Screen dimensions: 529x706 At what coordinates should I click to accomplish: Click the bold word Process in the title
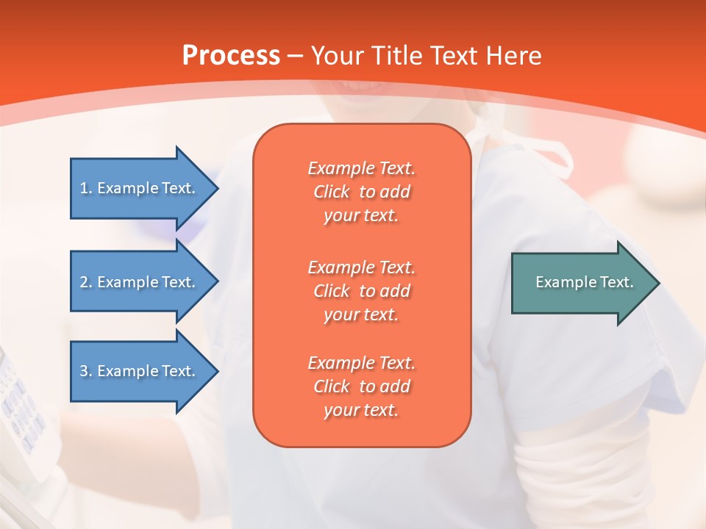point(231,56)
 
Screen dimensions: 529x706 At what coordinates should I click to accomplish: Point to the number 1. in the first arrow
point(86,188)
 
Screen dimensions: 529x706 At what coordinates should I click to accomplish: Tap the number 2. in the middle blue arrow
point(86,282)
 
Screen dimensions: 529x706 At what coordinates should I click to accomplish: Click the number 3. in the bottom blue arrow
point(86,371)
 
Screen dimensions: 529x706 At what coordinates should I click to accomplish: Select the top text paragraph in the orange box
point(362,192)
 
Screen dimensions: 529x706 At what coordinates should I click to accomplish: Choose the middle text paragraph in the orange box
point(362,291)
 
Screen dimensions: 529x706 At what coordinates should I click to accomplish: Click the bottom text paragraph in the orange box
point(362,386)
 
